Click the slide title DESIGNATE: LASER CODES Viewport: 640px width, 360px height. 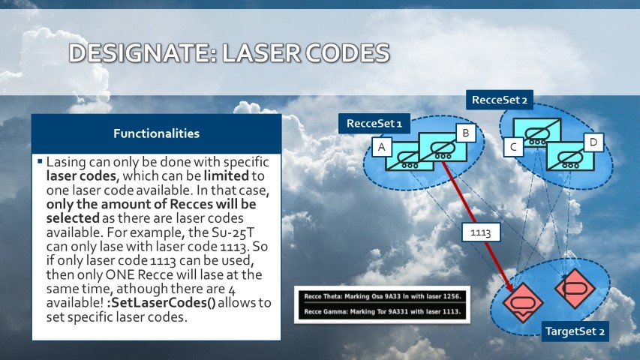[229, 52]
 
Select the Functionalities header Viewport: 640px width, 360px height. [156, 133]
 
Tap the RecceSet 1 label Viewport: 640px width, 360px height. [374, 123]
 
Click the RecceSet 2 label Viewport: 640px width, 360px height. [500, 100]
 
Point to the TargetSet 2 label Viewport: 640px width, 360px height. [575, 331]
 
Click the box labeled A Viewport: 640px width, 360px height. [382, 147]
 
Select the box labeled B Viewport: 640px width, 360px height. [466, 133]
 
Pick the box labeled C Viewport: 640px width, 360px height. [513, 146]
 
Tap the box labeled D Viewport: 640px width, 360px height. [593, 142]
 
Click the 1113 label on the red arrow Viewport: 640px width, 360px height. [481, 232]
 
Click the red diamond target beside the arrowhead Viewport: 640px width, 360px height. [523, 303]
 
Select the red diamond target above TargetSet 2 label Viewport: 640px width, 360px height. [575, 288]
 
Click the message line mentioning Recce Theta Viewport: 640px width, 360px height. [383, 297]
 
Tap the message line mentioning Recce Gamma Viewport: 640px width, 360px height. [383, 312]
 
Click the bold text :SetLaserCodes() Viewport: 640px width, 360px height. [161, 303]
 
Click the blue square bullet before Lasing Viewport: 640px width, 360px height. [40, 161]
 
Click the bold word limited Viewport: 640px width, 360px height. [226, 176]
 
